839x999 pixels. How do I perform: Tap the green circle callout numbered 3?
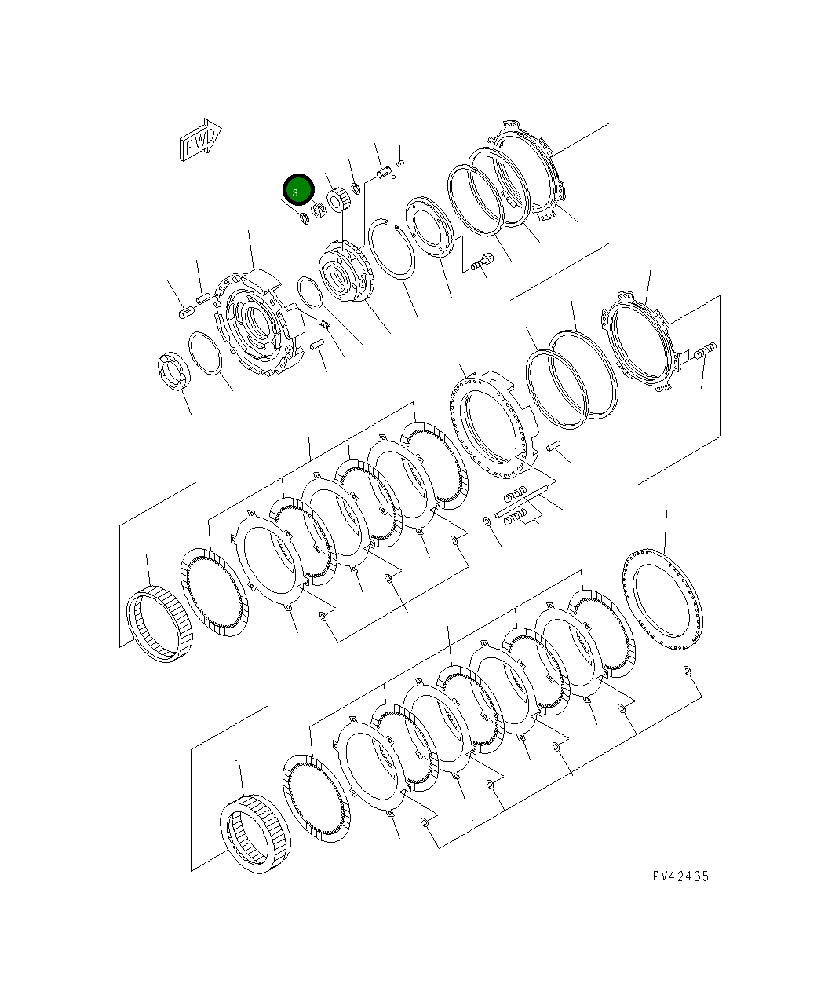(x=298, y=191)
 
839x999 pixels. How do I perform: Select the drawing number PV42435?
(x=679, y=876)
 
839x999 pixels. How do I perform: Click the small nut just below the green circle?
(x=304, y=217)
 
